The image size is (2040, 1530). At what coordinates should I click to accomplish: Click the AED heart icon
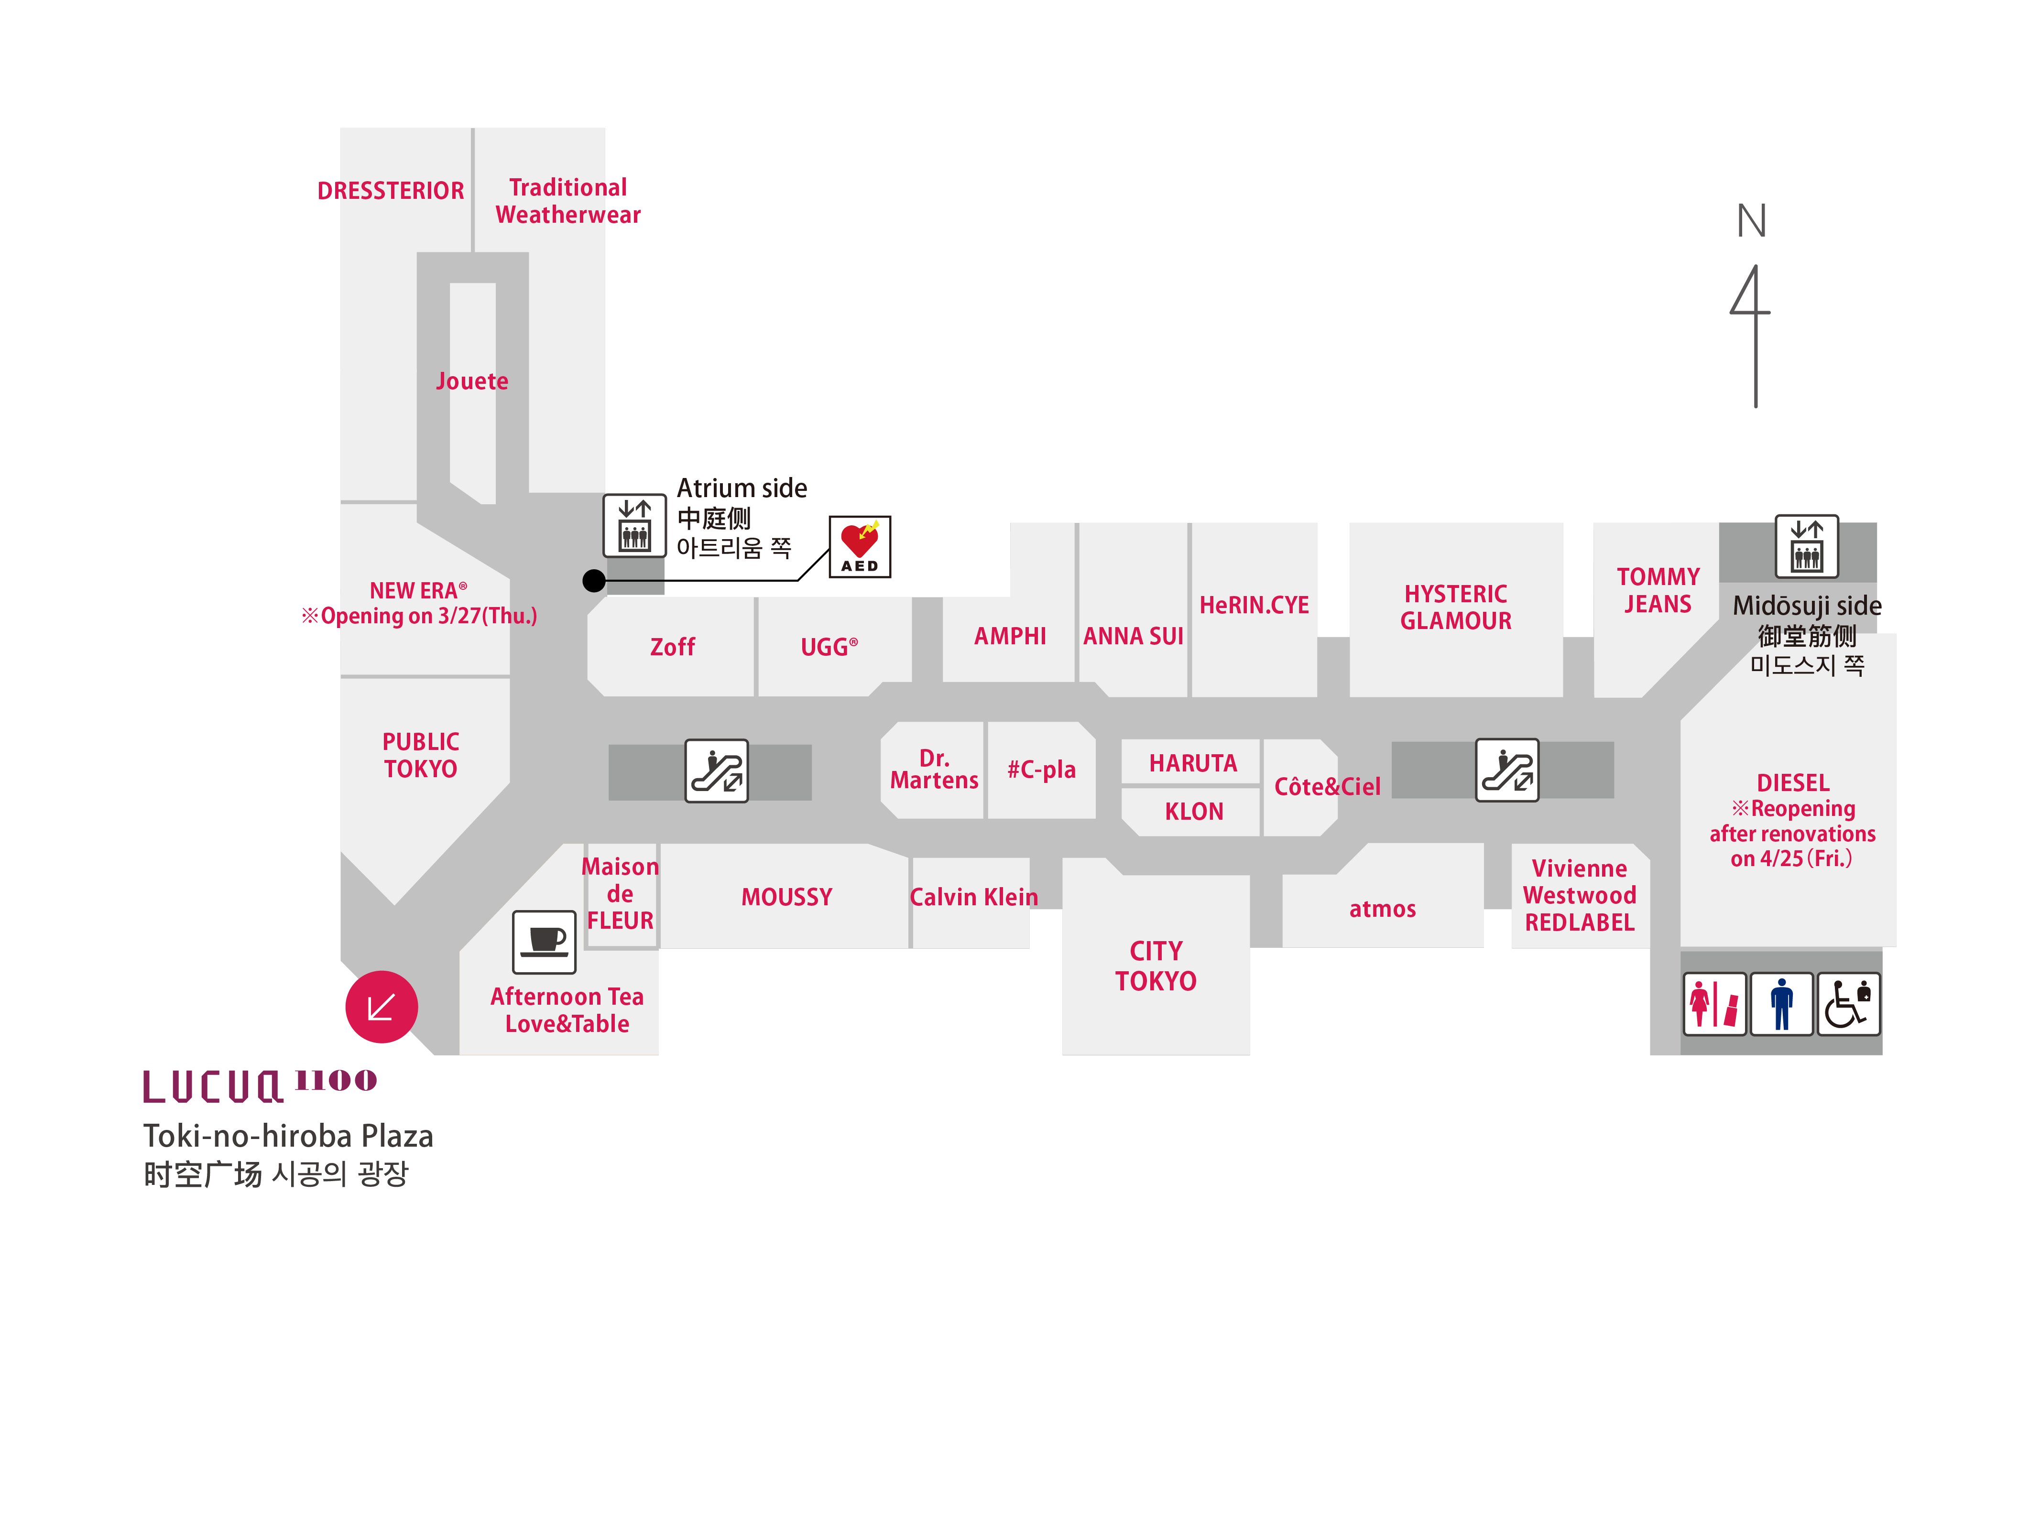point(860,546)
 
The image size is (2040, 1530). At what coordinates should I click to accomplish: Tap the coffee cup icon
point(544,942)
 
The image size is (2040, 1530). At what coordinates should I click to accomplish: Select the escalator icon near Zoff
point(717,771)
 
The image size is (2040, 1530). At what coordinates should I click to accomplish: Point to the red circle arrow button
point(381,1007)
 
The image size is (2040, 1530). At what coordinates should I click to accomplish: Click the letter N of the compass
point(1751,221)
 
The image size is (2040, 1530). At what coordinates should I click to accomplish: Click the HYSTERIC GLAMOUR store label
point(1455,607)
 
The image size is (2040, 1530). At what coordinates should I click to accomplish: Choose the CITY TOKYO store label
point(1156,966)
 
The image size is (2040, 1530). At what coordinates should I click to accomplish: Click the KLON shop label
point(1193,812)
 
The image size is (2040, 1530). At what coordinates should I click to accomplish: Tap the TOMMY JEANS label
point(1657,590)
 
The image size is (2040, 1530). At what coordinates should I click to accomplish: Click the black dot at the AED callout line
point(594,580)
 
